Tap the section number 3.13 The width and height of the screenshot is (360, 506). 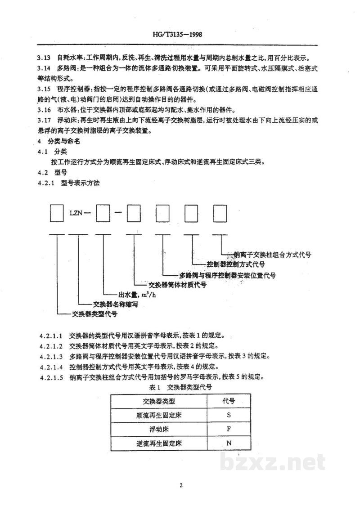[44, 58]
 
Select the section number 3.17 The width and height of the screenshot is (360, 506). [44, 121]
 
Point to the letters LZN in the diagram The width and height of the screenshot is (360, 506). [76, 213]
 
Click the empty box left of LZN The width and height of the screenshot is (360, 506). [57, 213]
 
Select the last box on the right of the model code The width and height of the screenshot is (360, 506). [220, 213]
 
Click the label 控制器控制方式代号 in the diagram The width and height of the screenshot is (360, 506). [236, 264]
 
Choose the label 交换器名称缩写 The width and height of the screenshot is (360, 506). [115, 304]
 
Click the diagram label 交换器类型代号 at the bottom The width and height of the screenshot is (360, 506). [94, 313]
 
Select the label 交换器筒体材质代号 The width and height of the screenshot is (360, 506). [177, 285]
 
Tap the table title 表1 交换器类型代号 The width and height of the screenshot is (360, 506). [180, 387]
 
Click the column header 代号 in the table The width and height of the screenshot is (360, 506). [229, 401]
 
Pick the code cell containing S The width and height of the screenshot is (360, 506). [229, 415]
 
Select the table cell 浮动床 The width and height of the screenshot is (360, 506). [159, 429]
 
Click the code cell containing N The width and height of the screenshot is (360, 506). [229, 443]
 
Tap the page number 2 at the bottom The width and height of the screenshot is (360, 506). [181, 485]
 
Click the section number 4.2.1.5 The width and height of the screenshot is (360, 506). [52, 377]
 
